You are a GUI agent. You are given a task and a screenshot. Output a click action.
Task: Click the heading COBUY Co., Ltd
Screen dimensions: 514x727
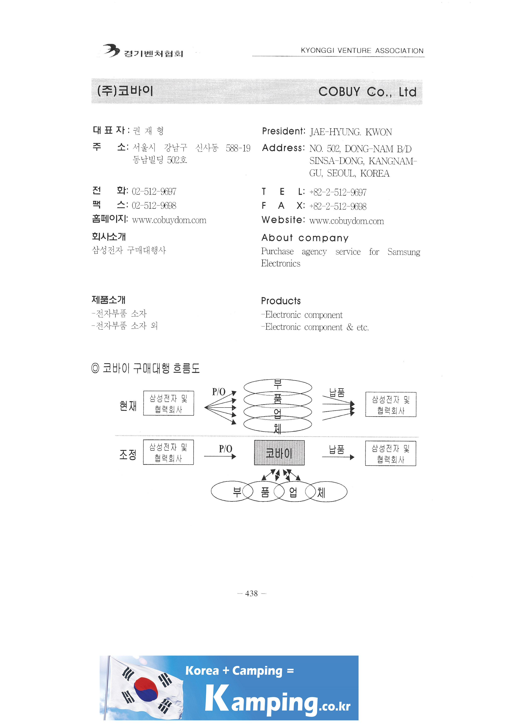tap(367, 92)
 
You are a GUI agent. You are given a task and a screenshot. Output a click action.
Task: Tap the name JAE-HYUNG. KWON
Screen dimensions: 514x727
tap(351, 132)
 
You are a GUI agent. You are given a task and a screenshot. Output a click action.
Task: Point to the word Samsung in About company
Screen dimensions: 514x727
tap(404, 252)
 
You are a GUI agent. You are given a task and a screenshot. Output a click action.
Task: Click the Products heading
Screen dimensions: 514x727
tap(281, 301)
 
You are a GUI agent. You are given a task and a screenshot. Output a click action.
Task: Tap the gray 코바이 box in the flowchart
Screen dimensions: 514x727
tap(279, 453)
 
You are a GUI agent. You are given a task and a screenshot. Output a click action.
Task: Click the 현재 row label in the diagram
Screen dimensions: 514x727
tap(128, 406)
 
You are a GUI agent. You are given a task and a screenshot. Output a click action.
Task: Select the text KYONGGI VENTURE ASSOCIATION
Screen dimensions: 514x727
tap(362, 51)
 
